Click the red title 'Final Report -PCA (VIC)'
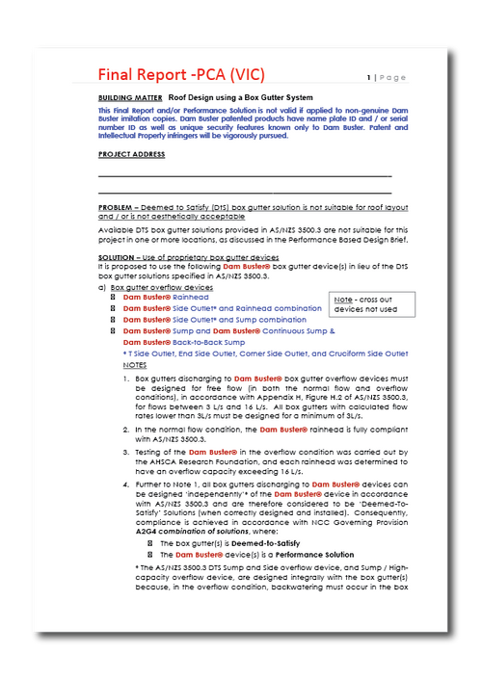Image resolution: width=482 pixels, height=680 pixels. [x=181, y=74]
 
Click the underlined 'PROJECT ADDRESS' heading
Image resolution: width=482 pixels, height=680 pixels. [x=131, y=154]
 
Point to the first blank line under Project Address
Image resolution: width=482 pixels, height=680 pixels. [x=245, y=176]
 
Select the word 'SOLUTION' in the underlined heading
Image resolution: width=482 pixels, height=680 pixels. [x=119, y=257]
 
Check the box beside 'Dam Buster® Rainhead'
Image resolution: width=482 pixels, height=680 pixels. [x=113, y=298]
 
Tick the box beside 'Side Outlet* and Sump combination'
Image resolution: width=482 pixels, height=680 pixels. [x=113, y=319]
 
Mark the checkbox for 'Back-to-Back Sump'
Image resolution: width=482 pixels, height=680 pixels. [x=113, y=342]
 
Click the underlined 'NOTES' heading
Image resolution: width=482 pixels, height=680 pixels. [x=135, y=366]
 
